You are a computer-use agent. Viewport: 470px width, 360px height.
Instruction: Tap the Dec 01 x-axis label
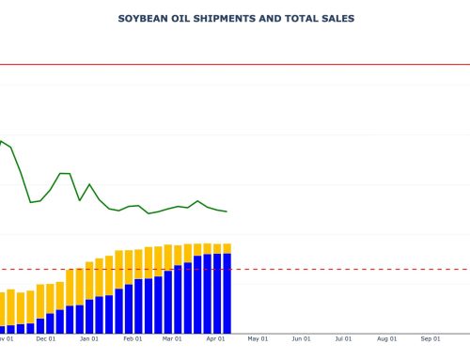[45, 338]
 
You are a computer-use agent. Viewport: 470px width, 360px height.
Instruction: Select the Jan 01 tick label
[89, 338]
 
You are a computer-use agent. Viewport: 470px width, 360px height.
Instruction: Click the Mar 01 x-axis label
[172, 338]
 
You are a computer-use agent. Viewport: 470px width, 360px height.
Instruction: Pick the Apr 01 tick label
[215, 338]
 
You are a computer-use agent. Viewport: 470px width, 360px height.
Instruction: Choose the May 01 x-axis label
[258, 338]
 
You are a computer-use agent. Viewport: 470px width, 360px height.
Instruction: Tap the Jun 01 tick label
[301, 338]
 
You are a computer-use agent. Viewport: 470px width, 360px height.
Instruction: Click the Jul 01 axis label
[343, 338]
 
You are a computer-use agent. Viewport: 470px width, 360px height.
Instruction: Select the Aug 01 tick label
[387, 338]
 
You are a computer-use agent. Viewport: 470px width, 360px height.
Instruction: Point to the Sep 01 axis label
[431, 338]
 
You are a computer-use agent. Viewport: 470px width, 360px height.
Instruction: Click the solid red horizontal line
[282, 65]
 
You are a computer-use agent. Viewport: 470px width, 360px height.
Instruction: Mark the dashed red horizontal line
[329, 269]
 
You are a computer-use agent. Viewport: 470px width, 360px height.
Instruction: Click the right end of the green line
[227, 211]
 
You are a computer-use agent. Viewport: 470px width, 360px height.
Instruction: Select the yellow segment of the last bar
[227, 248]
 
